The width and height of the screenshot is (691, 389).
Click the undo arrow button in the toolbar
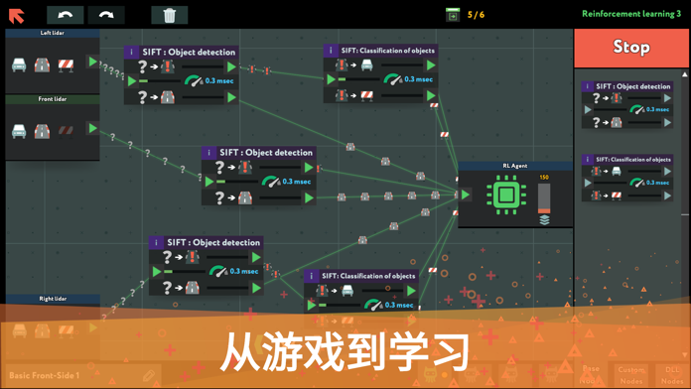pyautogui.click(x=65, y=15)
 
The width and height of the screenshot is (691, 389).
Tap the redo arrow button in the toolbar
pyautogui.click(x=106, y=15)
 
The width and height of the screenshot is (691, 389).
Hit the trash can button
pyautogui.click(x=170, y=15)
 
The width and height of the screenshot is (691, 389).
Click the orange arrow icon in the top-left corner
pyautogui.click(x=17, y=15)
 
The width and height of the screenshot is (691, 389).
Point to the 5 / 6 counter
pyautogui.click(x=476, y=15)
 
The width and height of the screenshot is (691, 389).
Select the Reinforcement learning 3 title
pyautogui.click(x=630, y=14)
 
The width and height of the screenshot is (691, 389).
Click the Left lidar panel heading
pyautogui.click(x=53, y=34)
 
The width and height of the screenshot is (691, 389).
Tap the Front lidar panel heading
pyautogui.click(x=53, y=100)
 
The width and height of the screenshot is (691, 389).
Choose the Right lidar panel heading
pyautogui.click(x=53, y=298)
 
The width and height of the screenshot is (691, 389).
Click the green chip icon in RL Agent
pyautogui.click(x=506, y=194)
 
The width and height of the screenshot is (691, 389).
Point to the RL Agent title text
pyautogui.click(x=514, y=166)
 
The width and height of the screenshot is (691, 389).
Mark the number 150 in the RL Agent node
pyautogui.click(x=544, y=178)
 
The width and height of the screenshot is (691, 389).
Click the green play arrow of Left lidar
pyautogui.click(x=93, y=63)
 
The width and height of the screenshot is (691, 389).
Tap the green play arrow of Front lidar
pyautogui.click(x=93, y=128)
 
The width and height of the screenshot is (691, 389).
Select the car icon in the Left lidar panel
pyautogui.click(x=19, y=65)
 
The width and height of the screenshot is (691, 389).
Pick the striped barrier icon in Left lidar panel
pyautogui.click(x=67, y=65)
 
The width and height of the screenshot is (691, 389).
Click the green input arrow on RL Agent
pyautogui.click(x=465, y=194)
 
